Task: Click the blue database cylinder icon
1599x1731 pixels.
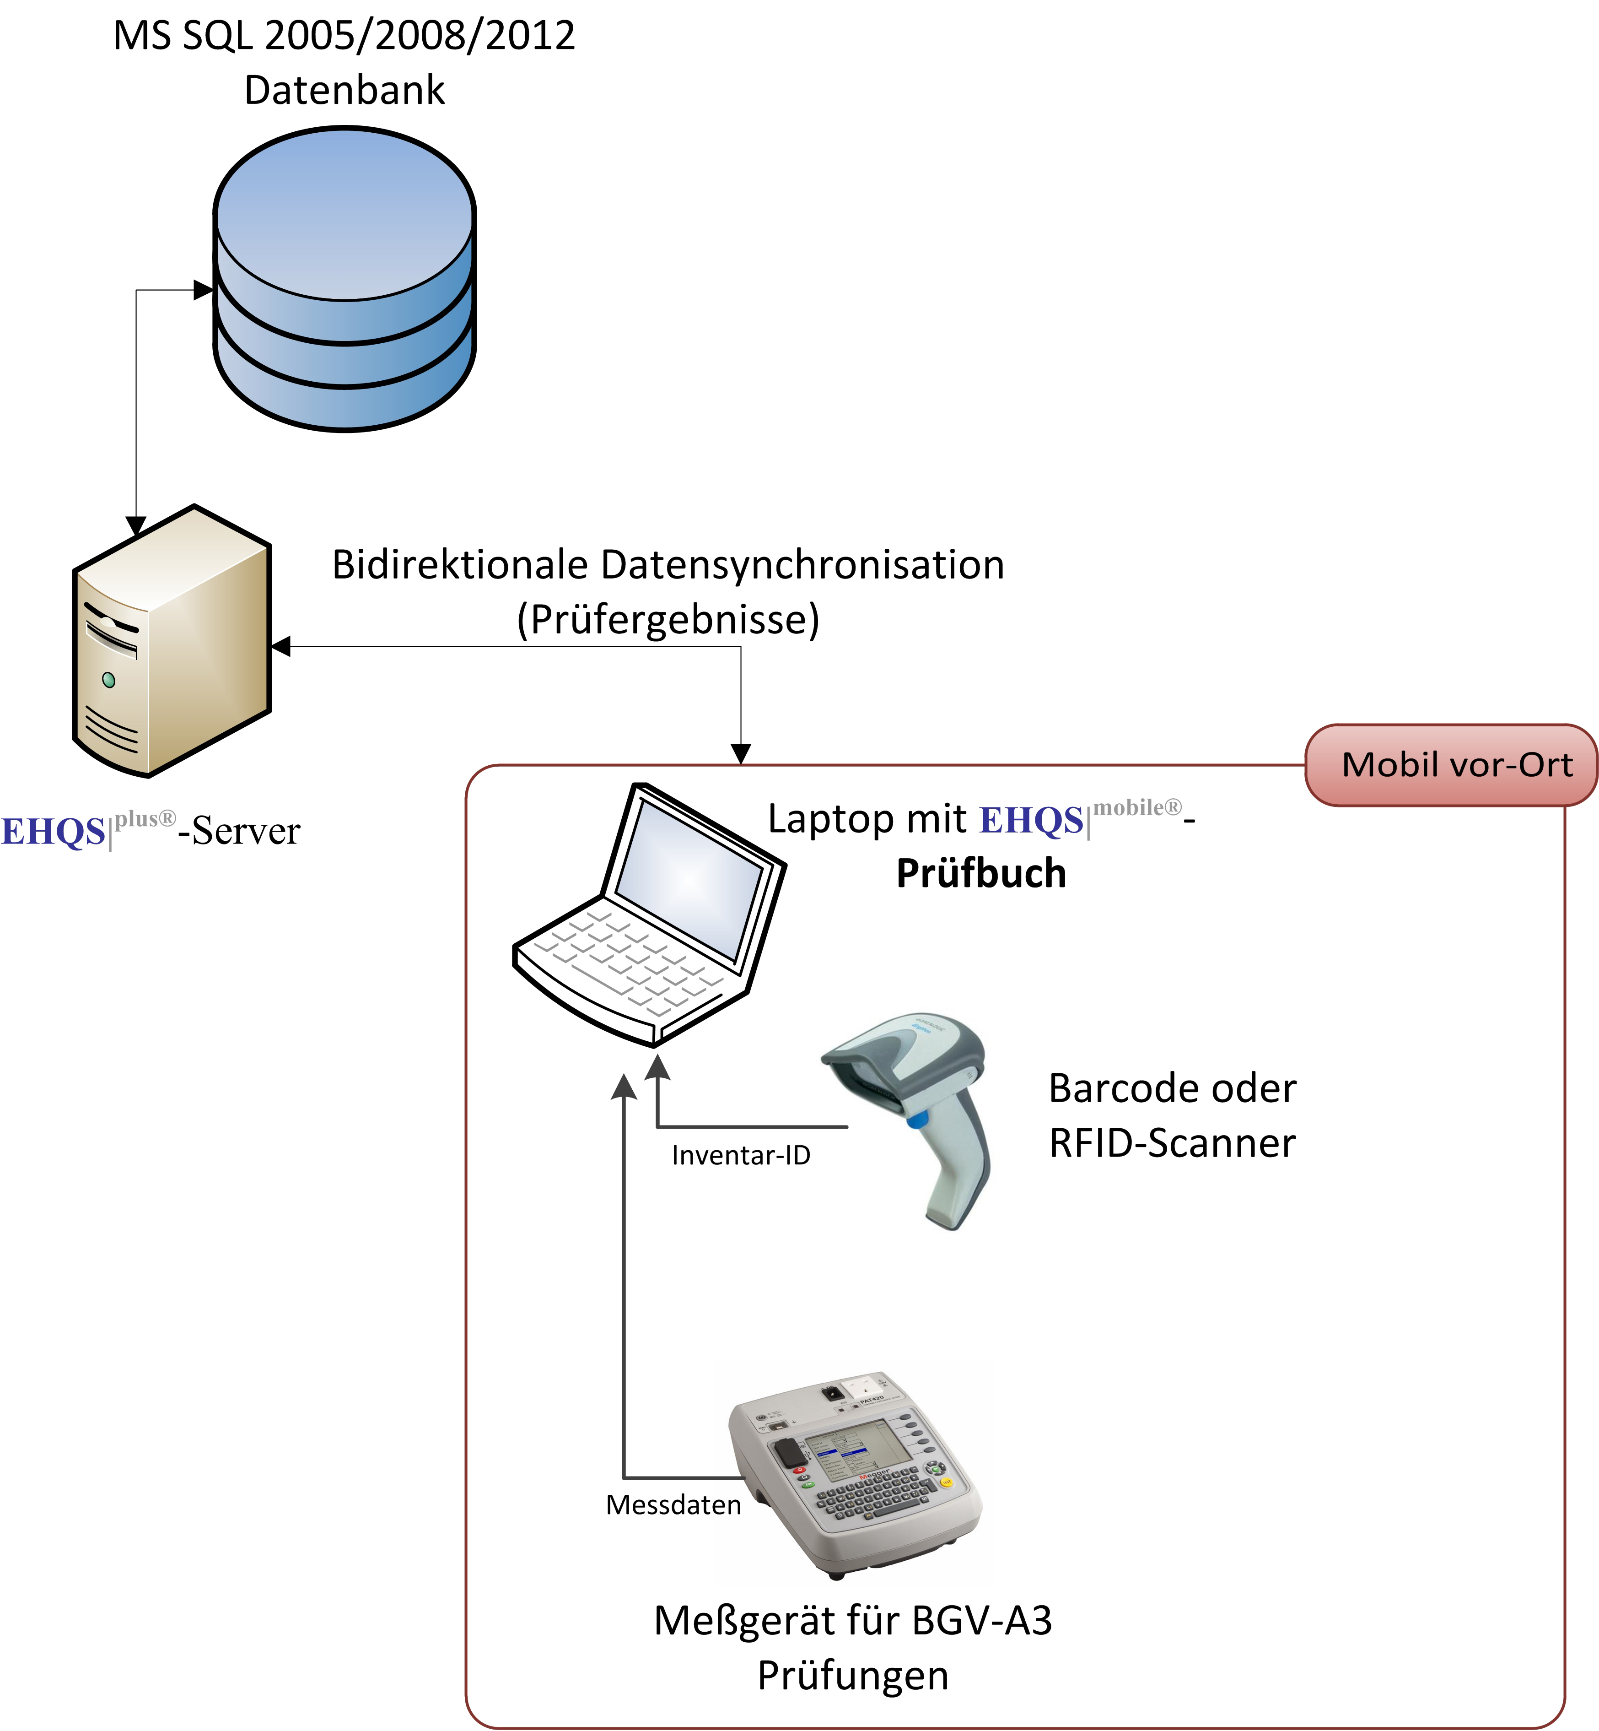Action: click(x=345, y=279)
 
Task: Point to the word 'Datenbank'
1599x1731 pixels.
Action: click(x=345, y=90)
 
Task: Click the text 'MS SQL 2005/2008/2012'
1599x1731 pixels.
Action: click(x=345, y=36)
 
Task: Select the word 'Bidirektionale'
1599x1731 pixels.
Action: click(x=460, y=564)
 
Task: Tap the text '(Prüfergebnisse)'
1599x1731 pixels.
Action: click(x=668, y=620)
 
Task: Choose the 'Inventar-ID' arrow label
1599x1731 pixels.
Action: click(x=741, y=1155)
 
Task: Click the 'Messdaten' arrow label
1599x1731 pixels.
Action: click(x=673, y=1505)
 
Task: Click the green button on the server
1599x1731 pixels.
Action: click(x=108, y=679)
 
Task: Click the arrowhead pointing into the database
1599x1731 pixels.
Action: click(x=203, y=290)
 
